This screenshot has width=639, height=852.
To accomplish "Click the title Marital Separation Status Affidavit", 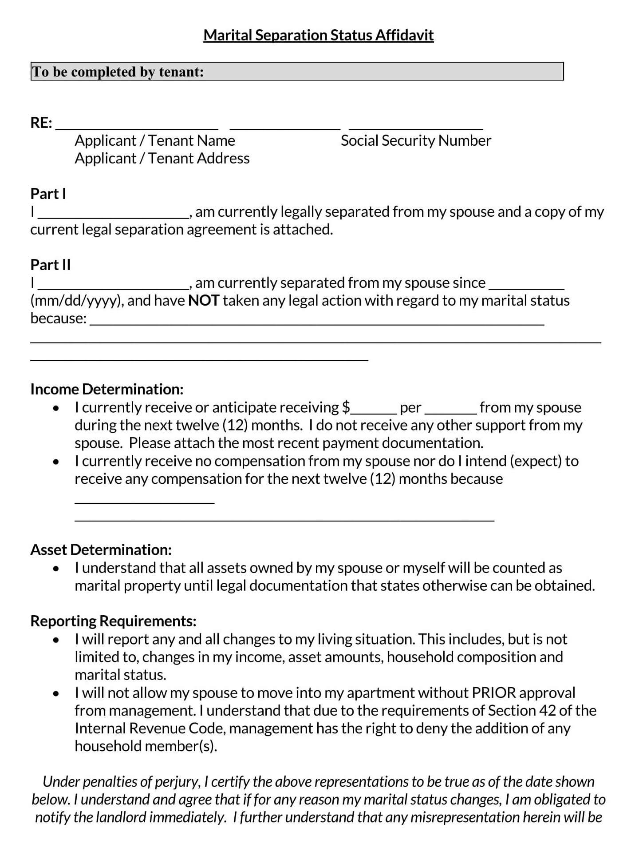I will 318,35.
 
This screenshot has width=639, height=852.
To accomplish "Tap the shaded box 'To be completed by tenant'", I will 297,72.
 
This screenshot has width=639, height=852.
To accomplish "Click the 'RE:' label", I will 41,123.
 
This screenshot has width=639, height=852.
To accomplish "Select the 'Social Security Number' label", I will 416,141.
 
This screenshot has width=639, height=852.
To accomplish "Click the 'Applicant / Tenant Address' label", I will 162,159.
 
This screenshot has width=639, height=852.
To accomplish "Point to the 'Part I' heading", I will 48,194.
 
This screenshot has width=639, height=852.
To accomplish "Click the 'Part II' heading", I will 50,265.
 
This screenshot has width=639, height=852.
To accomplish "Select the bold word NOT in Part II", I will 204,301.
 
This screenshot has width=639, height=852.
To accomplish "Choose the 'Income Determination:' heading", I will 106,389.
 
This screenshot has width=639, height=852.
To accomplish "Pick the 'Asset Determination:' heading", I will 101,550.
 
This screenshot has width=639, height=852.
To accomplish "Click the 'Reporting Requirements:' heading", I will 113,621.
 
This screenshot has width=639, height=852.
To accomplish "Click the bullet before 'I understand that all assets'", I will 55,569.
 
